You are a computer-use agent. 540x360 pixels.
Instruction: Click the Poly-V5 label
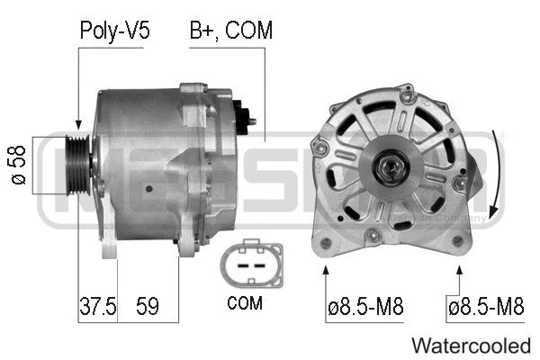(115, 31)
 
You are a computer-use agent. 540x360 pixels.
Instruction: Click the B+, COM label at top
(230, 31)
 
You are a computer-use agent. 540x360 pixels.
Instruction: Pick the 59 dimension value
(147, 307)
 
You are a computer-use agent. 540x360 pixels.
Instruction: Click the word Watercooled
(471, 345)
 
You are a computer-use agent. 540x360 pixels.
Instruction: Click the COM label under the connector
(246, 303)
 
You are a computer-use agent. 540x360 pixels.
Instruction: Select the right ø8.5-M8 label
(486, 307)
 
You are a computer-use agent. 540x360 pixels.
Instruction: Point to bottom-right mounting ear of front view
(463, 241)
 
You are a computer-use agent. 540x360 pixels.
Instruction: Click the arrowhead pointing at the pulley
(79, 126)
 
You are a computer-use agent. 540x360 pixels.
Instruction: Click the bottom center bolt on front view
(371, 236)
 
